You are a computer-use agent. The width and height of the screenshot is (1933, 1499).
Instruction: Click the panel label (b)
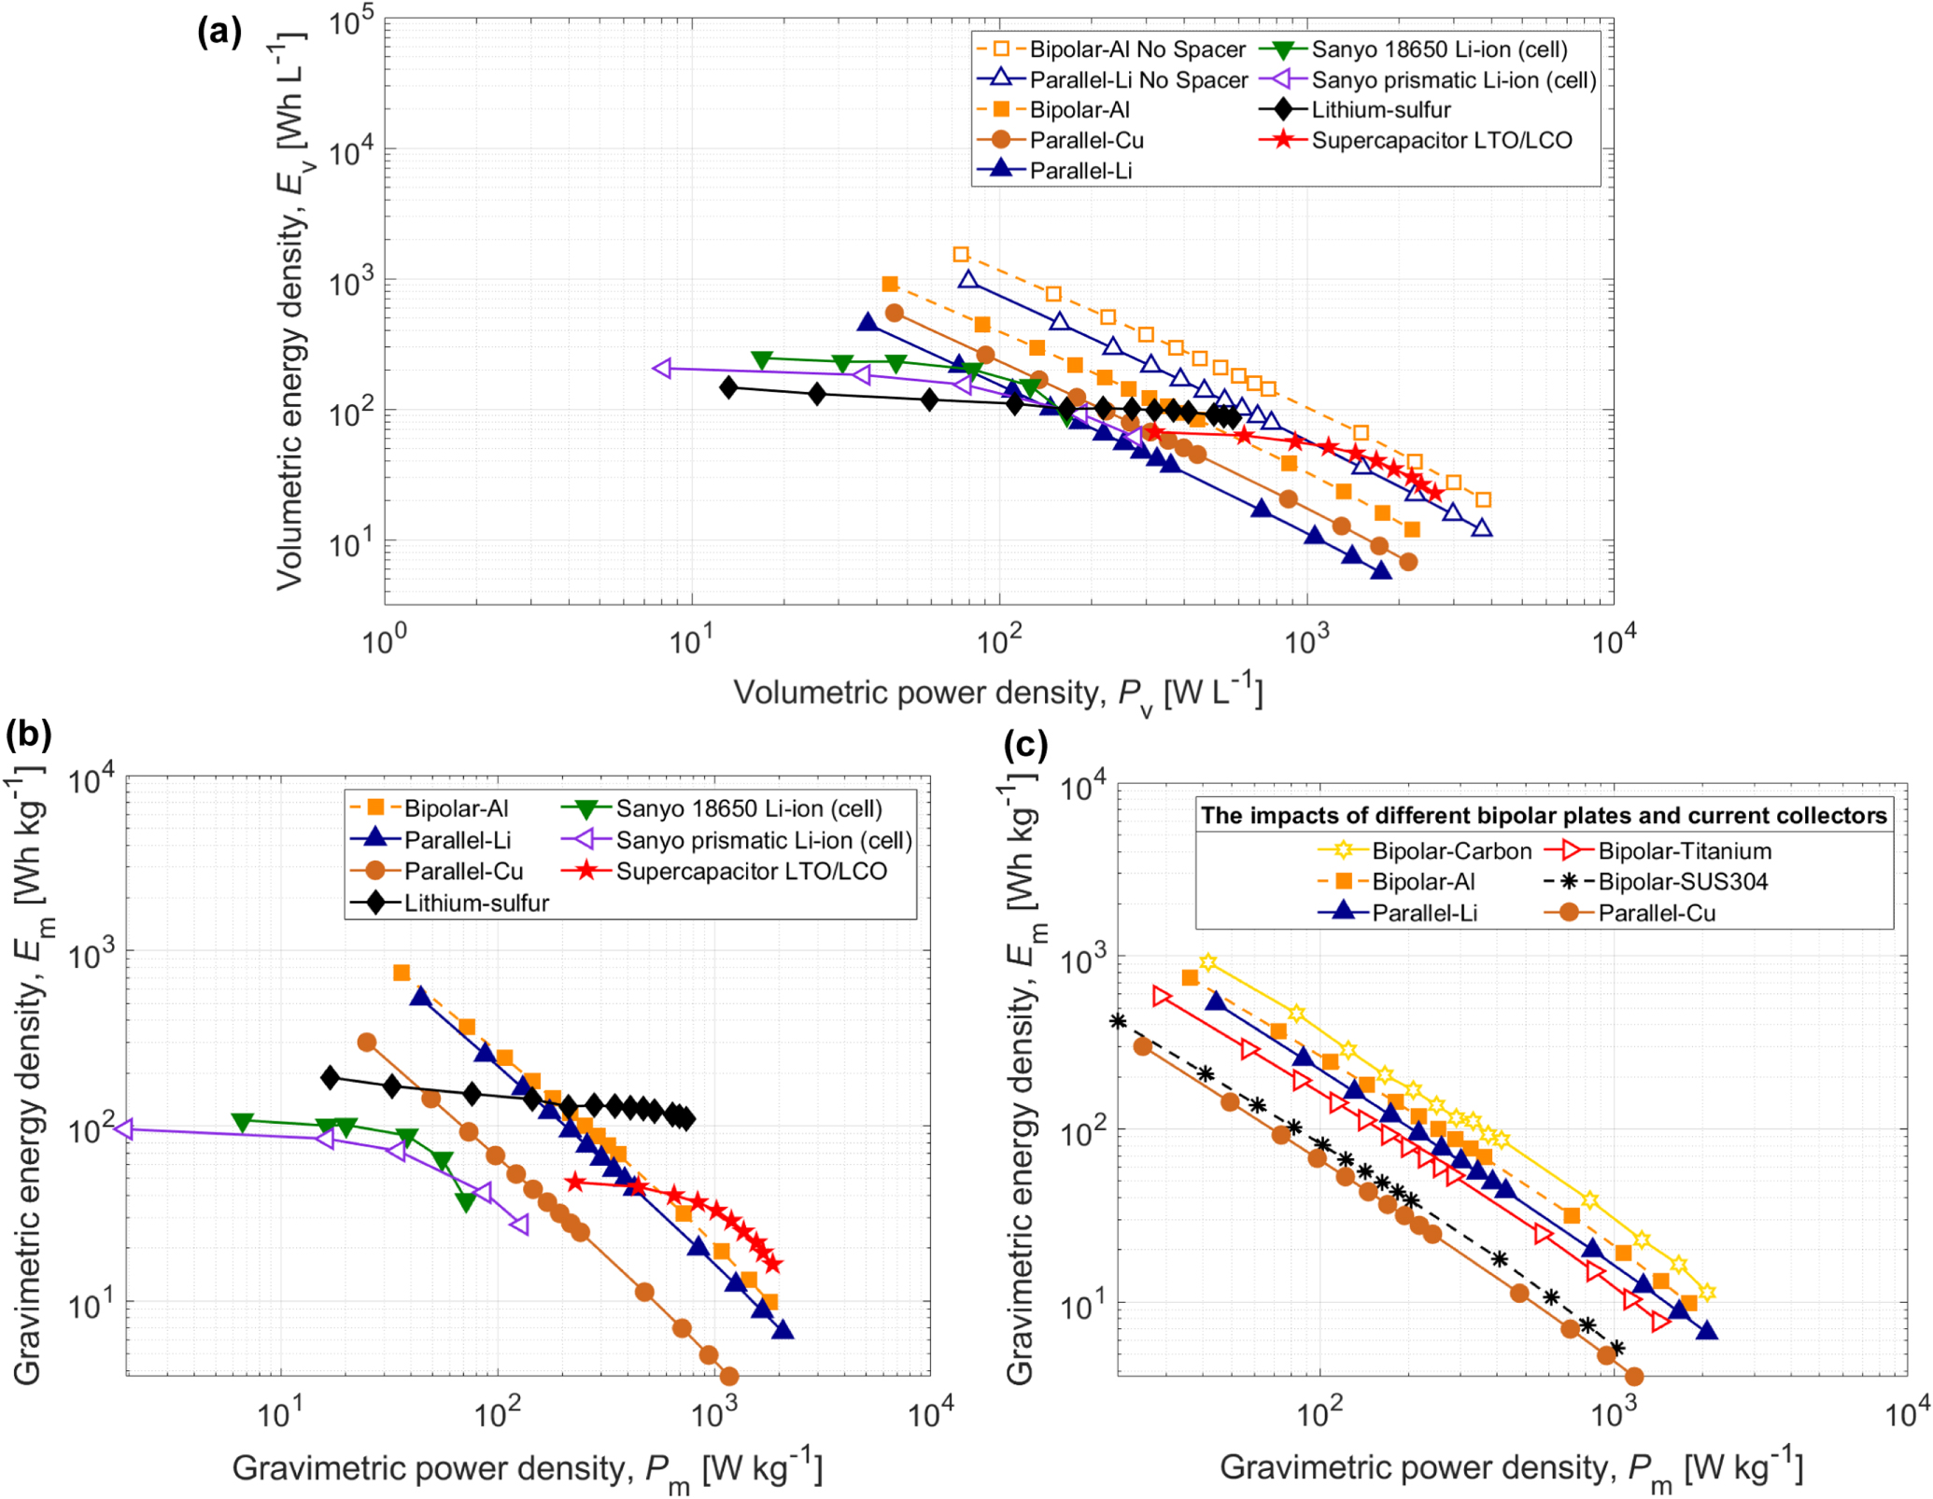[x=28, y=735]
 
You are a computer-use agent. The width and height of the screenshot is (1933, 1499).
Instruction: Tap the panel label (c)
[x=1025, y=745]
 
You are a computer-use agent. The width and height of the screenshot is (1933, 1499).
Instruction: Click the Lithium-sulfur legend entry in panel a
[x=1380, y=110]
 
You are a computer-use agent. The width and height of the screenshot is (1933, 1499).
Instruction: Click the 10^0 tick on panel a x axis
[x=384, y=642]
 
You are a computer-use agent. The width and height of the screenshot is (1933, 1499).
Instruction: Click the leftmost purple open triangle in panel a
[x=662, y=369]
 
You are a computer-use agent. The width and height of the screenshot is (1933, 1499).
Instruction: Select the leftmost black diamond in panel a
[x=728, y=386]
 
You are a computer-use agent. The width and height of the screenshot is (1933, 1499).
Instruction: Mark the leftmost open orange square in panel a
[x=961, y=254]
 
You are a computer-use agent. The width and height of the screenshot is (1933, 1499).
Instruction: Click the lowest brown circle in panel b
[x=729, y=1376]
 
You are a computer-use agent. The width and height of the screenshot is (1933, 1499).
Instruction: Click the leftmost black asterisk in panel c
[x=1118, y=1020]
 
